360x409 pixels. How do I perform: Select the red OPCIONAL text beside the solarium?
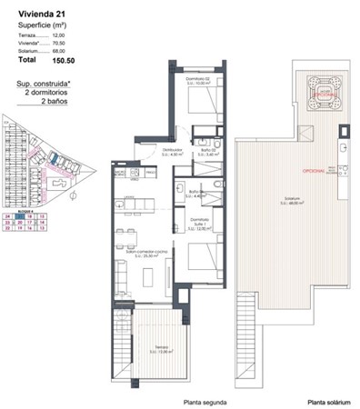point(316,175)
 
